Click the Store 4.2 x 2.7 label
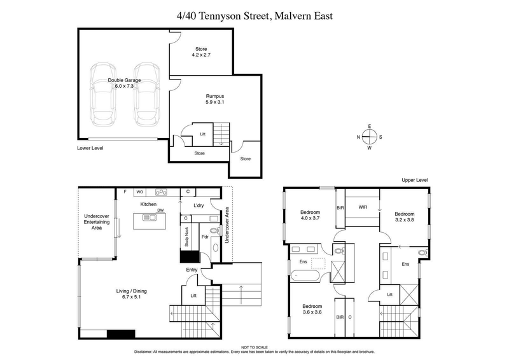pos(201,52)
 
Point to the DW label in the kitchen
pos(162,211)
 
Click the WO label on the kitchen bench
pos(139,191)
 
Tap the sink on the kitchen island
pos(150,218)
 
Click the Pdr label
pos(205,237)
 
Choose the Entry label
pos(192,270)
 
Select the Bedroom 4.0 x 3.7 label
pos(311,215)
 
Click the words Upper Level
pos(415,181)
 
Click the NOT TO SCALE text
pos(254,346)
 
